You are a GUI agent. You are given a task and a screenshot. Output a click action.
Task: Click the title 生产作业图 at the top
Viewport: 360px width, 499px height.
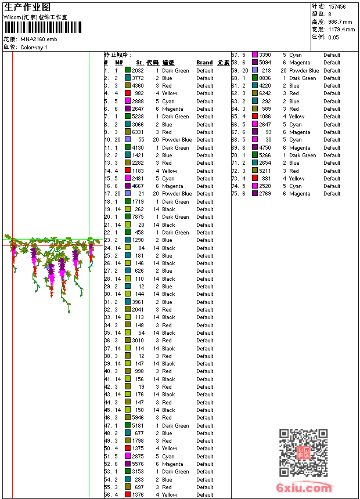[27, 7]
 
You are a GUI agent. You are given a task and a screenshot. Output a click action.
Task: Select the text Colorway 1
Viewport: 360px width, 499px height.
[34, 47]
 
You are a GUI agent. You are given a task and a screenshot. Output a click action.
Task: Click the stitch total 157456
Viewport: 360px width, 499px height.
[337, 7]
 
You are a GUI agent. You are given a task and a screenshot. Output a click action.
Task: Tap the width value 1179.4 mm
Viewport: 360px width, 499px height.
[341, 30]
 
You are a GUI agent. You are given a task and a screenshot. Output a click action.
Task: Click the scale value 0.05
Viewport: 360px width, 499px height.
[333, 37]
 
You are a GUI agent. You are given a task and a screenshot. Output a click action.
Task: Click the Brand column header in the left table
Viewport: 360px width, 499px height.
[204, 63]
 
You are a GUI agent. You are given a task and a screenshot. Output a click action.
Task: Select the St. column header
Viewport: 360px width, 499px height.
[140, 63]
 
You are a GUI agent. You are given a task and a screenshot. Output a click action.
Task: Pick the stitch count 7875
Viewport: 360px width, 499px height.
[138, 217]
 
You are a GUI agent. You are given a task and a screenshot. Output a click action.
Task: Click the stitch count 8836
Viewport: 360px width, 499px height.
[265, 78]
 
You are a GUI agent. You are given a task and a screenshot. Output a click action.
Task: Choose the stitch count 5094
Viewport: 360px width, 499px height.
[265, 63]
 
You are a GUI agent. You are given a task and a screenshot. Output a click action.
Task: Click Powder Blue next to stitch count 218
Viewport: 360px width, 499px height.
[304, 70]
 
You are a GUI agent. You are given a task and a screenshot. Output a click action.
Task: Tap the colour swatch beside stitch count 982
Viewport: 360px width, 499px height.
[128, 93]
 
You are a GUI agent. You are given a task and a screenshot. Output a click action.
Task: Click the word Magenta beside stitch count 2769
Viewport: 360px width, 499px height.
[300, 194]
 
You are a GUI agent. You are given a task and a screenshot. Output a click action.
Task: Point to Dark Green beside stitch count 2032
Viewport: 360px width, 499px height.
[175, 70]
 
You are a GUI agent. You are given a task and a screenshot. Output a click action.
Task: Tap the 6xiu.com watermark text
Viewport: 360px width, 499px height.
[304, 488]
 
